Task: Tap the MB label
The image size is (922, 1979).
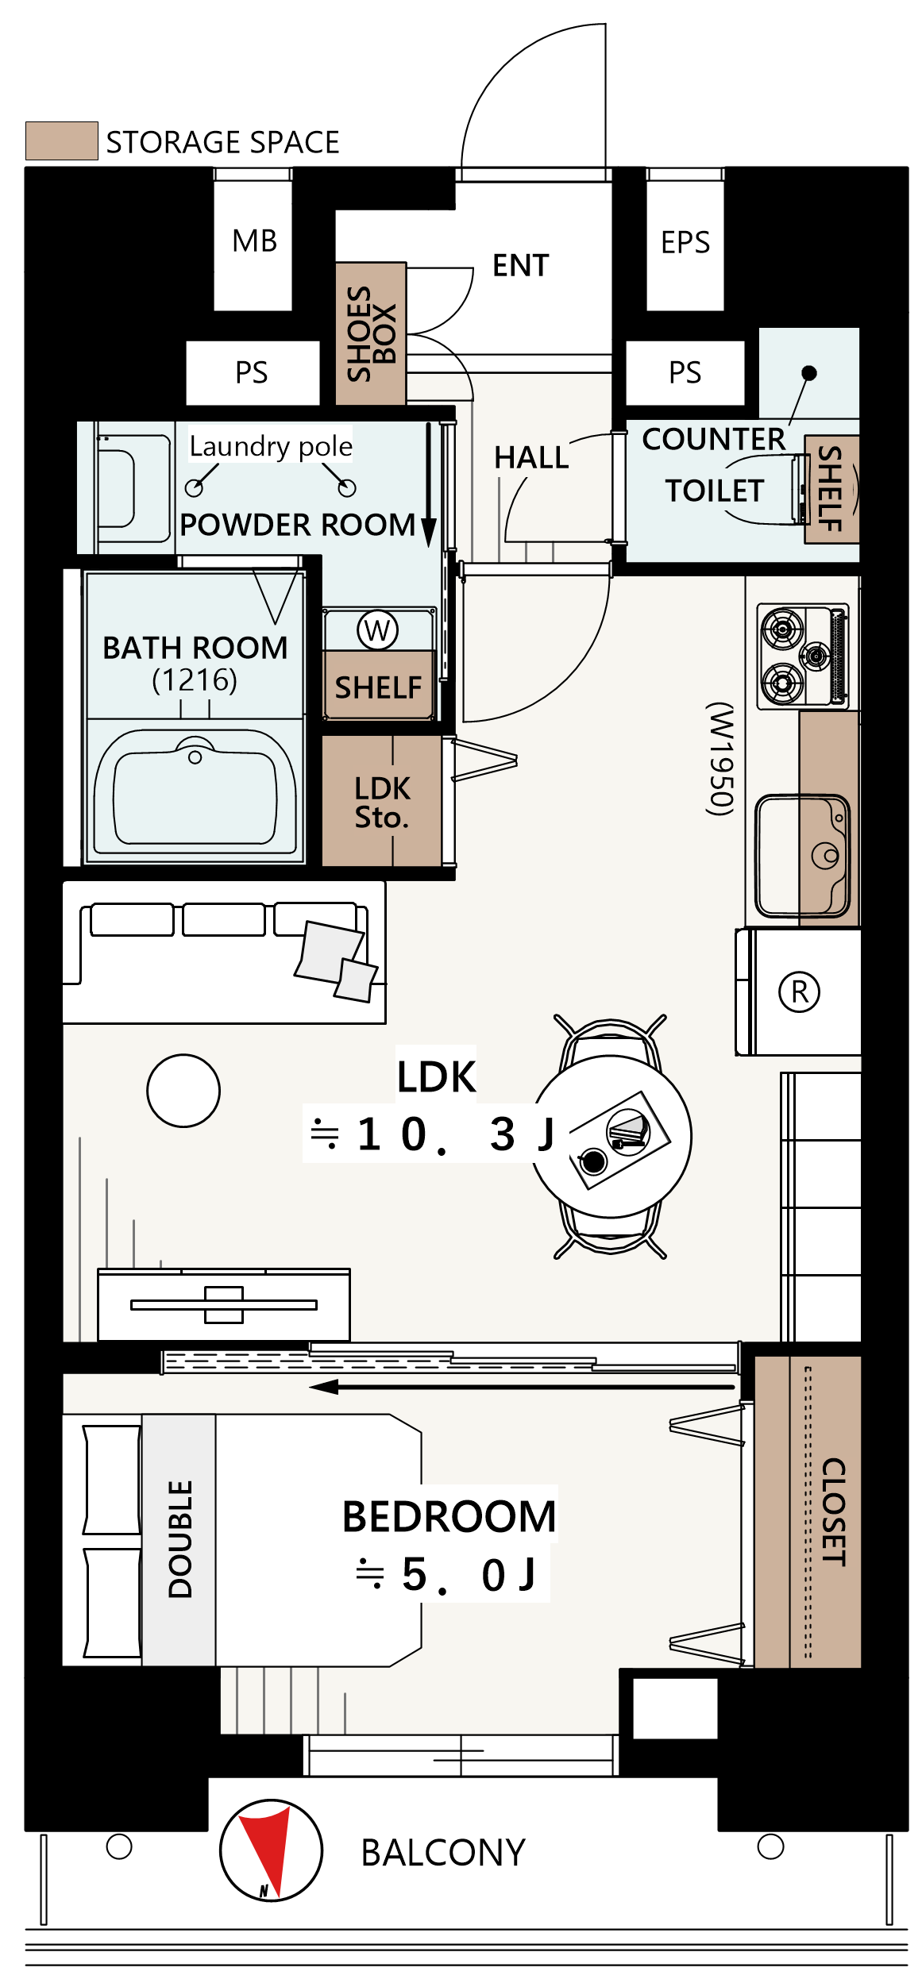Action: [254, 241]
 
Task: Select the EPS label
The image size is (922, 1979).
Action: [685, 242]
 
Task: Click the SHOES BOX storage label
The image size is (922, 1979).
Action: [371, 333]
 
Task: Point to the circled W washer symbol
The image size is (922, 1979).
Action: [377, 630]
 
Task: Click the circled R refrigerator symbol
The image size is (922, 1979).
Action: [799, 991]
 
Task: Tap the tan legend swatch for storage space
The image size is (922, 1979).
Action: [62, 141]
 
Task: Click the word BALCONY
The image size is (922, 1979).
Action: [443, 1853]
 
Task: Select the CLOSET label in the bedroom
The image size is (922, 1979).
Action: [833, 1511]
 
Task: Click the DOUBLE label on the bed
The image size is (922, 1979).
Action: [180, 1539]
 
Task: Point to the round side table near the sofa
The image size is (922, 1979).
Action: [183, 1091]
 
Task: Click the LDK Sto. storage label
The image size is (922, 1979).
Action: [382, 802]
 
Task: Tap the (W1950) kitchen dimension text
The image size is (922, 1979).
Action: [719, 758]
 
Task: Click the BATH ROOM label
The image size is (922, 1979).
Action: [195, 648]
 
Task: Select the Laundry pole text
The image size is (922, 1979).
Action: [271, 446]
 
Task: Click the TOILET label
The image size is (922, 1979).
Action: [715, 491]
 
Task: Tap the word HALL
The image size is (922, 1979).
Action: [531, 457]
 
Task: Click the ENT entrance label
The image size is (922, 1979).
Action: [521, 265]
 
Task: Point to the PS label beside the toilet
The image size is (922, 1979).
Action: [685, 372]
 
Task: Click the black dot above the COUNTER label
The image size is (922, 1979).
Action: [809, 372]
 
